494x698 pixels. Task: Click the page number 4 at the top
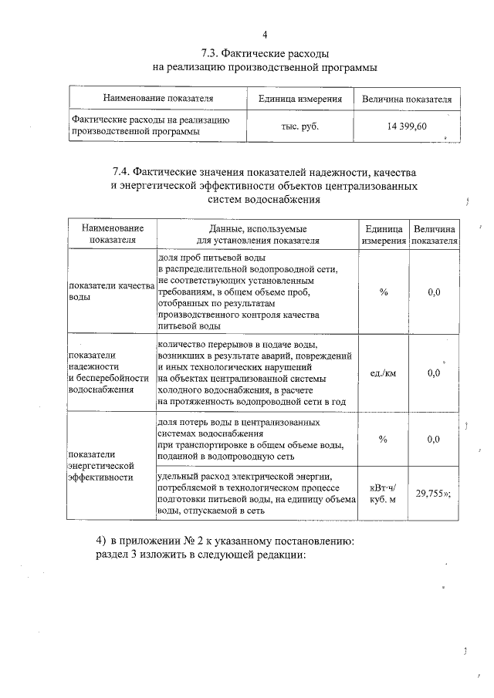265,35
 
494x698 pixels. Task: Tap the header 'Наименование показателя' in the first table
158,99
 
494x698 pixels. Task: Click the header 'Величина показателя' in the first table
407,99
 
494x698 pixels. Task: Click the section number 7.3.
211,54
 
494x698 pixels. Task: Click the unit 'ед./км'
383,373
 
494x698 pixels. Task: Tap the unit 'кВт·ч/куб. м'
383,494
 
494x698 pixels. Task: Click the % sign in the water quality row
383,292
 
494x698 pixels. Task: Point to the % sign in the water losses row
383,439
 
